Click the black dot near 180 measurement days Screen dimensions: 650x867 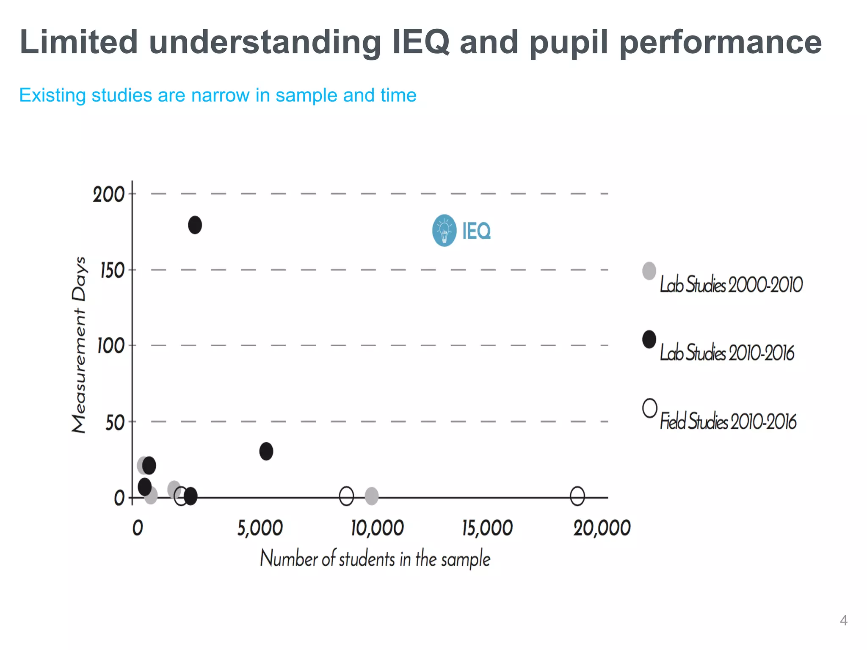(x=195, y=225)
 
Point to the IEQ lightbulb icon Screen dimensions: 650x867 (x=444, y=231)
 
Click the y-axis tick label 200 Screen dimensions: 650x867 (x=108, y=195)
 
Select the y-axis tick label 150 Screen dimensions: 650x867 (x=112, y=271)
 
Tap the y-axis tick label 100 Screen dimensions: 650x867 (x=110, y=347)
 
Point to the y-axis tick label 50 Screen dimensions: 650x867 (x=115, y=423)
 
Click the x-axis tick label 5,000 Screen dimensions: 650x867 (x=260, y=529)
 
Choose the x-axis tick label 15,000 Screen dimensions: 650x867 (x=487, y=529)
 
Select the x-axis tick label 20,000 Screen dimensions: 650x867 (x=602, y=529)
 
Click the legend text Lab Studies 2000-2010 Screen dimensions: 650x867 (x=731, y=284)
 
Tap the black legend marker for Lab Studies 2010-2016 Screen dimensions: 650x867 (x=649, y=339)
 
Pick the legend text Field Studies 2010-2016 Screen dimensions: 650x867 (x=728, y=421)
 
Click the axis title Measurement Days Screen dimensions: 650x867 (x=79, y=345)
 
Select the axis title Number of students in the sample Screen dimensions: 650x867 (x=375, y=559)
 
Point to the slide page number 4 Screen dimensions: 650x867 (x=843, y=620)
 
